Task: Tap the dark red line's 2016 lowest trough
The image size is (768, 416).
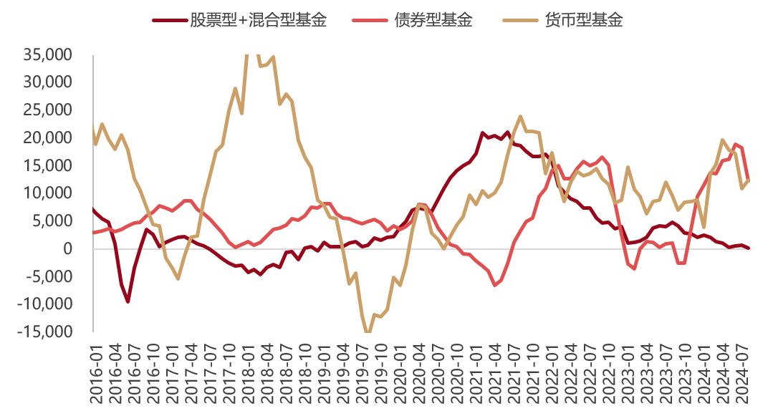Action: pos(128,301)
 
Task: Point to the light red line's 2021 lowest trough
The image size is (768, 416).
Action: pos(494,285)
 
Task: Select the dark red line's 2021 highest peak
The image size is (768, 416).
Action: pos(483,133)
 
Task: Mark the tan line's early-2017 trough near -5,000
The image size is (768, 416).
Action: pos(178,279)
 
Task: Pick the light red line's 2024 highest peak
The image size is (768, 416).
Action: pos(735,144)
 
